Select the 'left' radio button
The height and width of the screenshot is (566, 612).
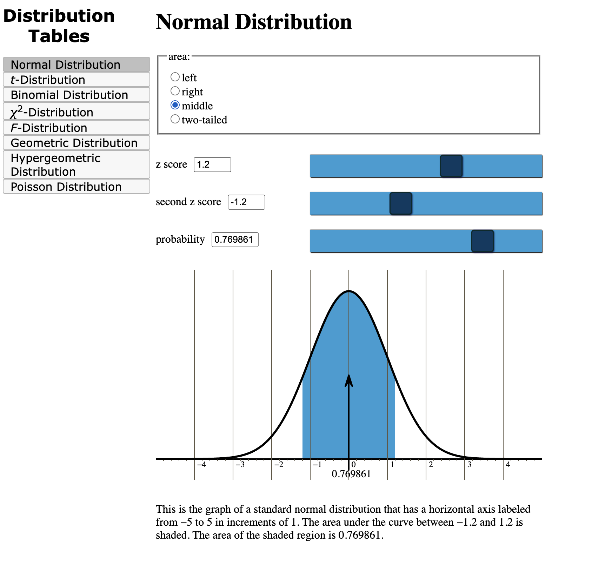click(175, 77)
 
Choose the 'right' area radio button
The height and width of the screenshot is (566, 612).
click(175, 91)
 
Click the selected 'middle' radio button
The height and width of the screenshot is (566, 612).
click(175, 105)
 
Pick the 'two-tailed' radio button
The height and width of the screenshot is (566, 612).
click(175, 119)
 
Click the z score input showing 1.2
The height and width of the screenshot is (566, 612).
click(212, 164)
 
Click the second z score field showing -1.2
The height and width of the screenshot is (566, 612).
click(246, 202)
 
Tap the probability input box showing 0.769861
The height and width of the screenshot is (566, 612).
click(235, 240)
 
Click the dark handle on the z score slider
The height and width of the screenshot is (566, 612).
click(451, 166)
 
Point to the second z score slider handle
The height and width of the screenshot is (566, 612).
click(400, 203)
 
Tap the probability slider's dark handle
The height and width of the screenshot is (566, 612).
click(482, 241)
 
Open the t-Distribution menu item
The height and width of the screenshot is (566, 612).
click(76, 80)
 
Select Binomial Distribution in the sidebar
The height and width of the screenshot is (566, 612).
click(76, 95)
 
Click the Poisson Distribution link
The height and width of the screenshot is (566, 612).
click(76, 187)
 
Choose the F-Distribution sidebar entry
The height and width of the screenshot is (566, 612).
click(76, 128)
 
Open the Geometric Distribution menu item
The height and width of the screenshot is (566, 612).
click(76, 143)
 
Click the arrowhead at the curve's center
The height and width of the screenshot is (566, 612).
click(348, 380)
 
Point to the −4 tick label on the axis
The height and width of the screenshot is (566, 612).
click(201, 465)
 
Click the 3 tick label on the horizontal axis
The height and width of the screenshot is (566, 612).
click(469, 465)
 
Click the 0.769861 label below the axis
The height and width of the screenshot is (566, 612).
click(351, 474)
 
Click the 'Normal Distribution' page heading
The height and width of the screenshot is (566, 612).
click(254, 22)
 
